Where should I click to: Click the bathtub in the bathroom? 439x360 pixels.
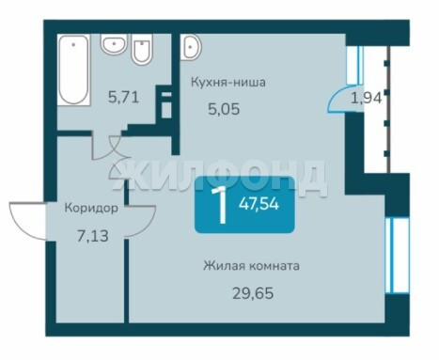74,69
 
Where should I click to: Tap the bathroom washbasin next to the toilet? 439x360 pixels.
114,44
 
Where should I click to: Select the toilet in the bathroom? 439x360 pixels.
142,50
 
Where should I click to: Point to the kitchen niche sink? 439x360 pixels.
191,47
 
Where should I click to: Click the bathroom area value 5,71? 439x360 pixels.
123,97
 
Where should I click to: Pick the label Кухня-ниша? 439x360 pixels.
228,83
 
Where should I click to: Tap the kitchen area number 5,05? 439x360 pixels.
224,109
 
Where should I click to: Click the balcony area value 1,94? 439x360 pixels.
367,99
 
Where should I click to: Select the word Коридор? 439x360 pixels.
91,208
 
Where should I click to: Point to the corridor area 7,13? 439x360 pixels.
93,236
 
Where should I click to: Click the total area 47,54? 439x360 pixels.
259,205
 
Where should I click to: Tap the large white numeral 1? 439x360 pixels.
220,205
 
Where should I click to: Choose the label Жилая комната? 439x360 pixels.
251,266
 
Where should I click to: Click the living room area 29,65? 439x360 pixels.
253,293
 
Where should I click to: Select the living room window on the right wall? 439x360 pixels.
397,255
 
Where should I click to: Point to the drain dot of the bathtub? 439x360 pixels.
73,44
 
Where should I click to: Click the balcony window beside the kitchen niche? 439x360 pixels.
354,65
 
